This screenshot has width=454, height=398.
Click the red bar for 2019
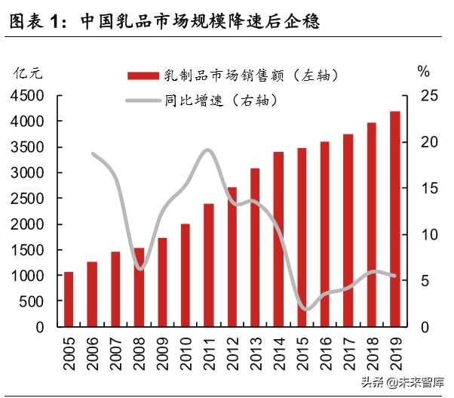[394, 219]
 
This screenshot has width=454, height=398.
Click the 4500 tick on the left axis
[27, 95]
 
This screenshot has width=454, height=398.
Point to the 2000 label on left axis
[27, 224]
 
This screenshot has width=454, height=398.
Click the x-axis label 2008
[139, 353]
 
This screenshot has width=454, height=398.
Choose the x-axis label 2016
[325, 353]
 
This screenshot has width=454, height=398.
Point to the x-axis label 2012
[232, 353]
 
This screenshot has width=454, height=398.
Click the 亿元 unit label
[29, 73]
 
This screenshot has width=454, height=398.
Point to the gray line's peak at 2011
[208, 150]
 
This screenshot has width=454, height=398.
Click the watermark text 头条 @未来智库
[402, 383]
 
